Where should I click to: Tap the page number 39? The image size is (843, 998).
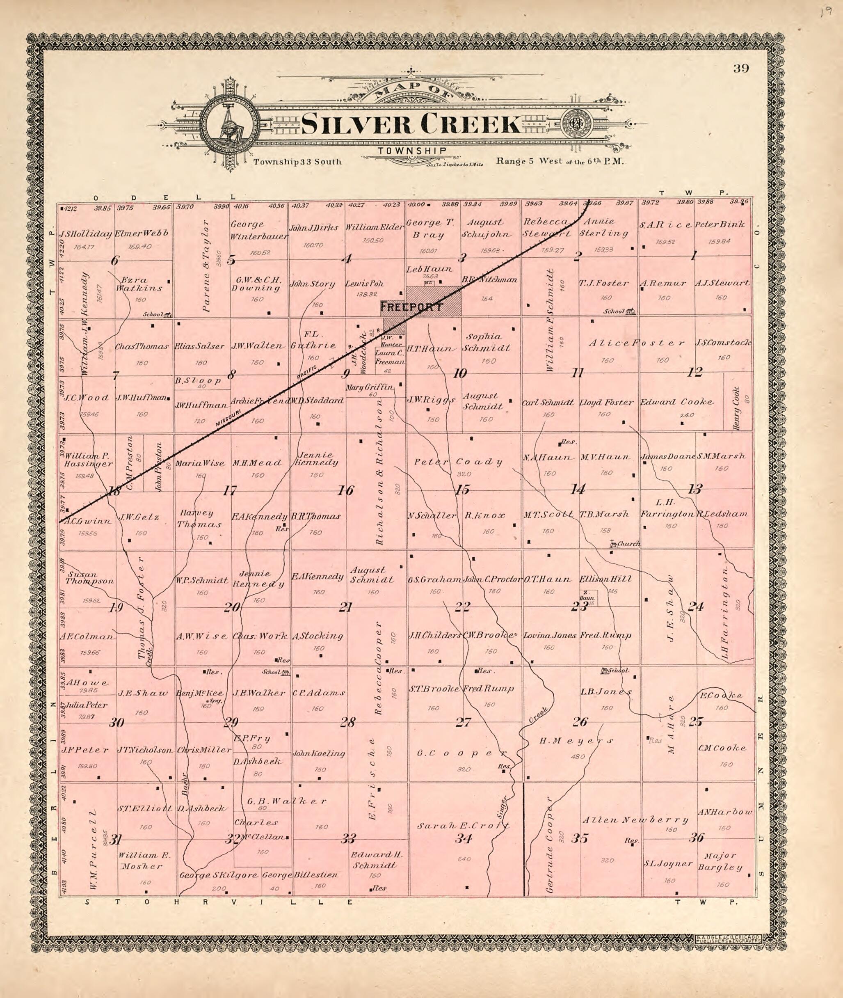point(741,69)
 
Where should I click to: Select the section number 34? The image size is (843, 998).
point(463,838)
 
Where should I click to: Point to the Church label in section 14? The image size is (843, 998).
point(628,544)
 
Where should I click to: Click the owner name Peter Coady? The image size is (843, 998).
point(458,462)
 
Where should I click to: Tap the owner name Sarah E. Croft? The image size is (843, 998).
point(463,826)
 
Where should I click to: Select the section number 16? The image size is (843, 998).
point(345,490)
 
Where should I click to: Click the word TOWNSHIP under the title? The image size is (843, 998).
point(412,151)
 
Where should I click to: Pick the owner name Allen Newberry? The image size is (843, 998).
point(635,820)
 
